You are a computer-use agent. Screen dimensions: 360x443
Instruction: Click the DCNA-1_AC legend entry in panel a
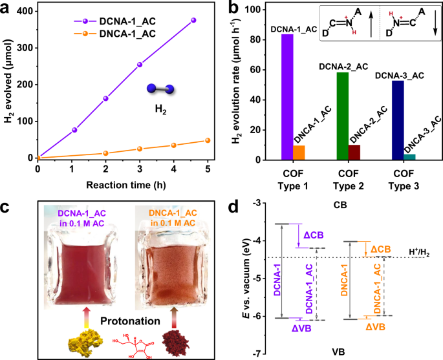[x=114, y=21]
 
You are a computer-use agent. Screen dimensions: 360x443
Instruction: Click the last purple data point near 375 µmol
[x=193, y=21]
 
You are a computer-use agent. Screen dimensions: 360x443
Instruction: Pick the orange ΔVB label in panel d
[x=376, y=328]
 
